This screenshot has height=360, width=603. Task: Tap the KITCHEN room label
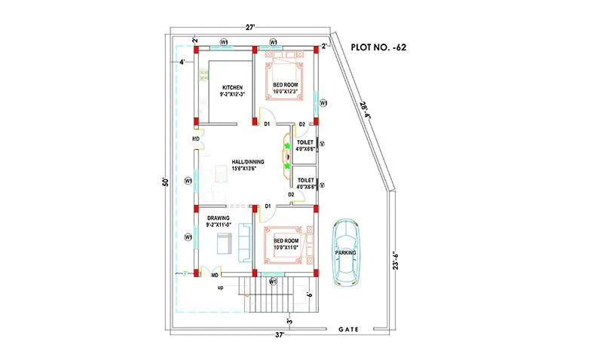click(x=231, y=88)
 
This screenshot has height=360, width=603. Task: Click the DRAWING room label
click(x=218, y=217)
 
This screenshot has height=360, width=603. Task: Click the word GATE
click(x=347, y=329)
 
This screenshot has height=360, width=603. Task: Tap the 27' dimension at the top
click(x=249, y=27)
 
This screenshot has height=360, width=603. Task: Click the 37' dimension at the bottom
click(x=280, y=334)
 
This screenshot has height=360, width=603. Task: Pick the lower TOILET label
click(x=305, y=181)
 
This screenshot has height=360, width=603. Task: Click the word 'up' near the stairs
click(x=220, y=288)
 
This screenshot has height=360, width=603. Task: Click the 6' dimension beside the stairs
click(x=311, y=294)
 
